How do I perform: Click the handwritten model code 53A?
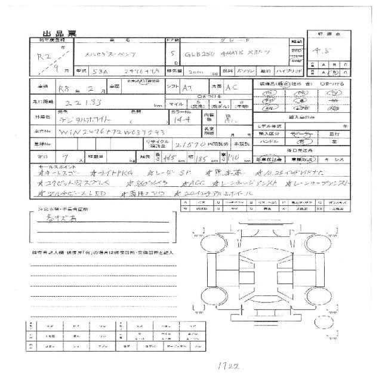(103, 71)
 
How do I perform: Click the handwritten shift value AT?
(187, 87)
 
